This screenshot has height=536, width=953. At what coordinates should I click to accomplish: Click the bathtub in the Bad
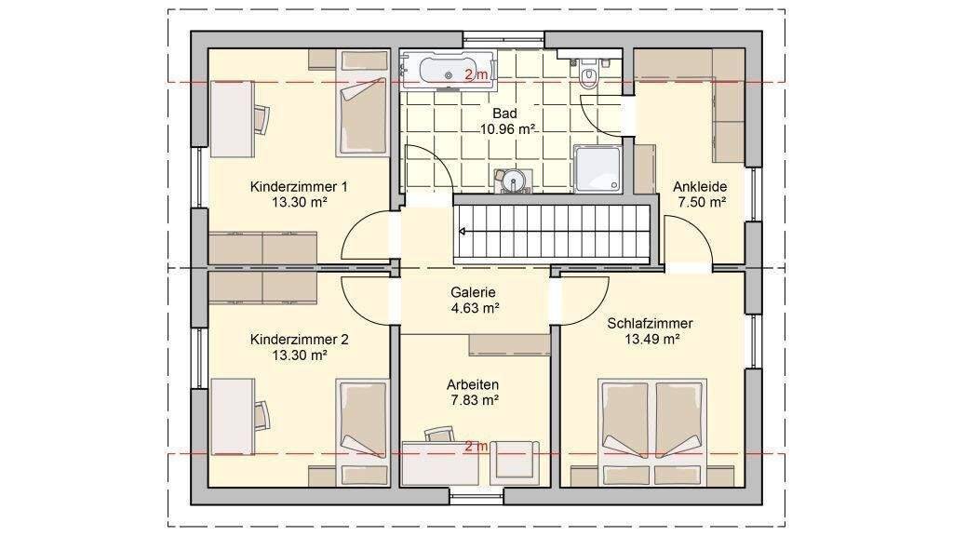coord(448,71)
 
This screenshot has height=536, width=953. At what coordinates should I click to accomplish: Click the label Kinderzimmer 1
coord(299,186)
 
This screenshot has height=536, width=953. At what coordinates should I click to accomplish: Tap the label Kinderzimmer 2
coord(299,340)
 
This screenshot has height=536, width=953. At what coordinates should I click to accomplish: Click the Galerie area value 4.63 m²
coord(476,308)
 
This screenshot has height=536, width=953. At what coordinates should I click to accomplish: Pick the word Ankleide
coord(700,186)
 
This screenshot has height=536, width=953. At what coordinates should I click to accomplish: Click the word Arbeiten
coord(473,384)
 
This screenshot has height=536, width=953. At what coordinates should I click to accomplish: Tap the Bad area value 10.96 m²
coord(507,128)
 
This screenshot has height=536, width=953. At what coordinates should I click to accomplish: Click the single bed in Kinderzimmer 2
coord(363,434)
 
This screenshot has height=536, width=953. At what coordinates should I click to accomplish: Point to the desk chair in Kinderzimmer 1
coord(262,119)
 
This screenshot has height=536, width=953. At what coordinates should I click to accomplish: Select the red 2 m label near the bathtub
coord(476,75)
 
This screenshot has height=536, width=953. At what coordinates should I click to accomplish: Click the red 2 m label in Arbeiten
coord(476,447)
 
